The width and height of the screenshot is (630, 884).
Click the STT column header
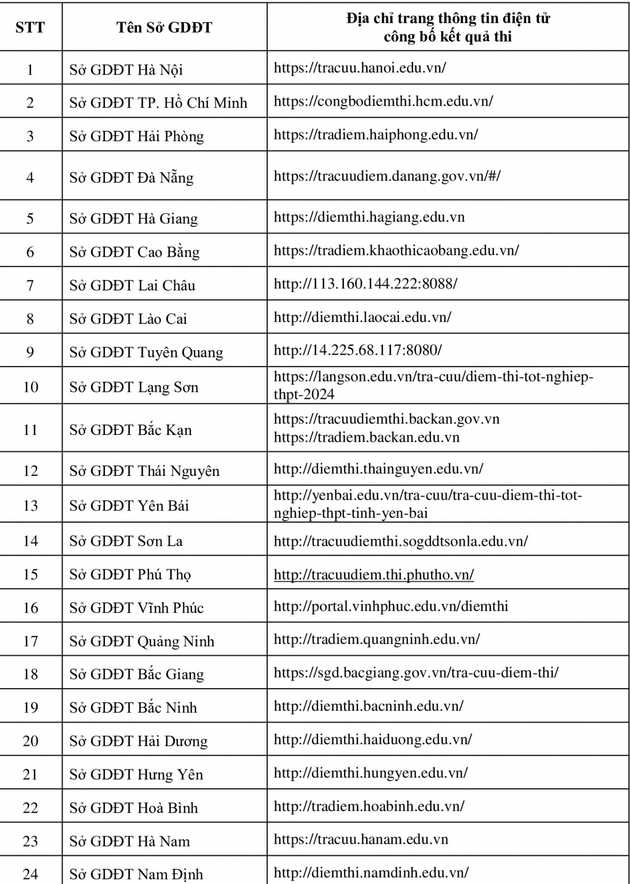click(30, 27)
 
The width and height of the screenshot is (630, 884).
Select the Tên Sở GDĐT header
click(164, 27)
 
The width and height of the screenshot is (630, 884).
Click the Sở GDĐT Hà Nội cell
click(126, 70)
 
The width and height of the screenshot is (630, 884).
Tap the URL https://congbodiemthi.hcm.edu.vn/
click(383, 101)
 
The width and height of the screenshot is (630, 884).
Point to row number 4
click(30, 177)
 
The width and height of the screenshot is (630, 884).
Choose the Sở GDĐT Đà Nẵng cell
click(131, 178)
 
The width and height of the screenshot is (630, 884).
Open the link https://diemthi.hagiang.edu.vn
click(369, 217)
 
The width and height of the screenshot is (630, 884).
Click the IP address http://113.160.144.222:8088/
click(365, 284)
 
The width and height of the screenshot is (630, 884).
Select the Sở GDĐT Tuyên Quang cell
click(146, 352)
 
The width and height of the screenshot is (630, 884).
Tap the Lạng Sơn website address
click(433, 386)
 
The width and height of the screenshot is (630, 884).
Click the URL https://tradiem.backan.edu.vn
click(366, 438)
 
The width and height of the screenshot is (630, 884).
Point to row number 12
click(30, 471)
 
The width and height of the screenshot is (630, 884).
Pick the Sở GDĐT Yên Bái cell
click(129, 505)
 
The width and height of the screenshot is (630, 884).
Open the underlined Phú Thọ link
click(374, 575)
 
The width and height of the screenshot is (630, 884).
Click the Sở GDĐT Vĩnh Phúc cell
click(136, 608)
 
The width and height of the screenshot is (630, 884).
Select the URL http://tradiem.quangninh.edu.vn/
click(377, 639)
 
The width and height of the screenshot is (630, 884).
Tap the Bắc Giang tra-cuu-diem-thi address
click(416, 672)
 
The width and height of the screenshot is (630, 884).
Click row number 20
click(30, 741)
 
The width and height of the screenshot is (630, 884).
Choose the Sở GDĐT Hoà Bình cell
click(134, 807)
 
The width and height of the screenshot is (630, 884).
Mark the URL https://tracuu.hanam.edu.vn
click(361, 839)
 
